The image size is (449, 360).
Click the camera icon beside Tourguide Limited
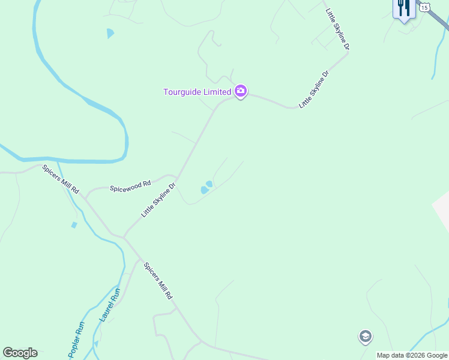(x=241, y=91)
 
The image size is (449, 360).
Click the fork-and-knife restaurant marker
(x=403, y=8)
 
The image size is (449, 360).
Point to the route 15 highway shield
(x=425, y=7)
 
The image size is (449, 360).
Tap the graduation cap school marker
(x=365, y=337)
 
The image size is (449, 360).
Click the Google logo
(x=20, y=353)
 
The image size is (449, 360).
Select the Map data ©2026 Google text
(x=412, y=355)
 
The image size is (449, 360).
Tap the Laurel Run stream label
(x=110, y=304)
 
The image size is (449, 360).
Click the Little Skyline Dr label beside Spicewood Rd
(x=158, y=200)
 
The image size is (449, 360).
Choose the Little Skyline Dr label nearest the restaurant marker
(x=337, y=29)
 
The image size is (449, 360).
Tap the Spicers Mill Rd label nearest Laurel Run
(x=158, y=281)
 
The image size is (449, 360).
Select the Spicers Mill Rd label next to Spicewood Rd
(x=61, y=179)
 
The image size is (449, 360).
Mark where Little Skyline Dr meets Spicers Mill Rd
(x=124, y=236)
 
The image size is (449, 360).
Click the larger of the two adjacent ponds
(x=204, y=190)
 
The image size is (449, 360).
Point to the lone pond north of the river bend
(x=110, y=34)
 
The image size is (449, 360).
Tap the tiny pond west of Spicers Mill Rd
(x=74, y=225)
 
